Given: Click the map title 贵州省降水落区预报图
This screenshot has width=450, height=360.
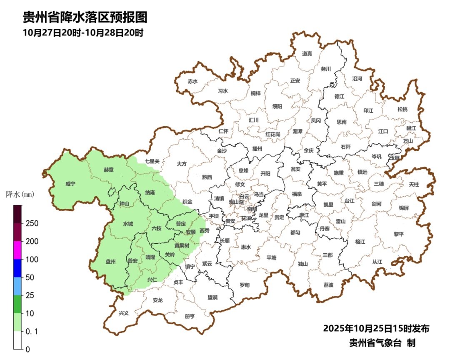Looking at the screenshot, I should (85, 17).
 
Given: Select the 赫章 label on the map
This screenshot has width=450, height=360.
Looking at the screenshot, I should (109, 170).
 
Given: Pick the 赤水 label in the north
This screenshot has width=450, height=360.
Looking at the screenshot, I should (192, 82).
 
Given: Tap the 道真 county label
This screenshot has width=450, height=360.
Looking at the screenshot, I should (307, 54).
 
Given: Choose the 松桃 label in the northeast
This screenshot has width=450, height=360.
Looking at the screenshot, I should (402, 109).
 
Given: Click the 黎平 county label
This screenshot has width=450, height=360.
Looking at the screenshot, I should (399, 234).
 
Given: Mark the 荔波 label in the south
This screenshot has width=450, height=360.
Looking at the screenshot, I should (328, 285).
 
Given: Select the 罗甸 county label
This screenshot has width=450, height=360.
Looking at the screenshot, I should (245, 285).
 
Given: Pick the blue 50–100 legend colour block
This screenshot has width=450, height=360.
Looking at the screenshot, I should (17, 268).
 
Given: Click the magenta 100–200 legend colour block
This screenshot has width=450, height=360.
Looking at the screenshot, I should (17, 250).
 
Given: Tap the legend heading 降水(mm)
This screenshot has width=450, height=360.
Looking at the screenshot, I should (20, 194).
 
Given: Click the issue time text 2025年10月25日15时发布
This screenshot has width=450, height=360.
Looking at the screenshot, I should (376, 329).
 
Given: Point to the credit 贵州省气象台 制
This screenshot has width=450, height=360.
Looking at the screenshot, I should (382, 343).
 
